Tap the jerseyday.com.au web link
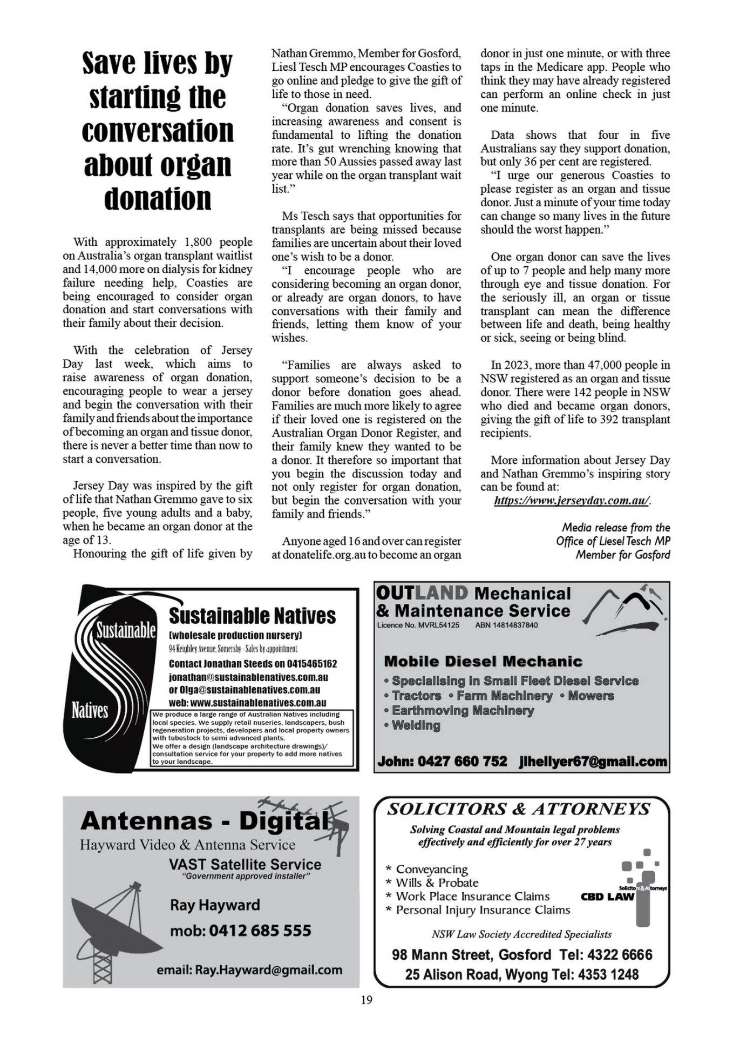click(x=572, y=501)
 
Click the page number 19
click(x=366, y=1000)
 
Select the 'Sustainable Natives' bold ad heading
click(x=252, y=616)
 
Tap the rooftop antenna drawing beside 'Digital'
click(x=318, y=816)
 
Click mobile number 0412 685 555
click(x=260, y=931)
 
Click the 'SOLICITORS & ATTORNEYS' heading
click(x=518, y=809)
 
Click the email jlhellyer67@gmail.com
click(x=593, y=762)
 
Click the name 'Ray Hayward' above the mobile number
click(x=215, y=905)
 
